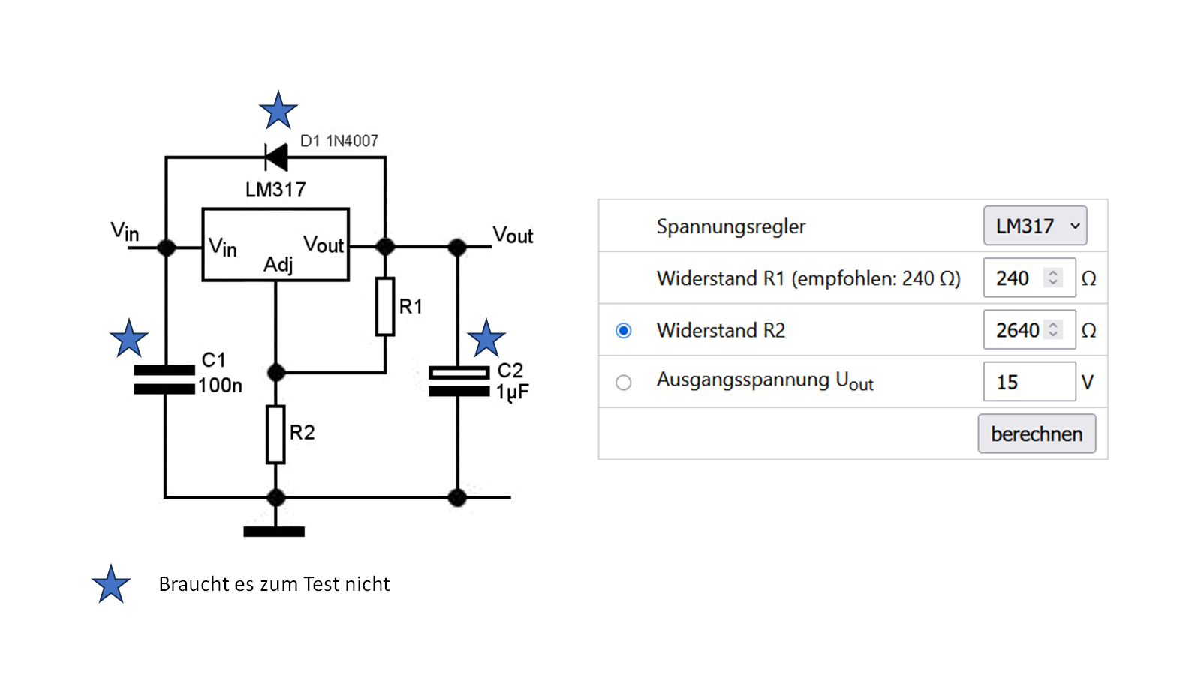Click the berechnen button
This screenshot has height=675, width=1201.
(x=1037, y=433)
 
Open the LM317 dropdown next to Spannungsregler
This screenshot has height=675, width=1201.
(x=1035, y=226)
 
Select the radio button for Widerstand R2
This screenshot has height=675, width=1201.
(x=623, y=331)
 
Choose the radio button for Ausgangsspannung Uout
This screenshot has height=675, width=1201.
(x=623, y=382)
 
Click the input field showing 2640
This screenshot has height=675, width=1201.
(x=1018, y=330)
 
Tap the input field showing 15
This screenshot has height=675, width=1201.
(x=1028, y=382)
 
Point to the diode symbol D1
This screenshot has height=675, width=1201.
(x=276, y=157)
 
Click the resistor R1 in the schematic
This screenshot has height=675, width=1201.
(x=385, y=306)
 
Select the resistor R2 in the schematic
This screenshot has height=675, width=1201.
(x=275, y=434)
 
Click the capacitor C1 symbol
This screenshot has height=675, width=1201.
(x=164, y=379)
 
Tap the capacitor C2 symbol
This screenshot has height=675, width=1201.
(x=458, y=381)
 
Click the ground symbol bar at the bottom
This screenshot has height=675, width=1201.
(x=274, y=532)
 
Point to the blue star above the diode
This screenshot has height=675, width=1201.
(x=278, y=111)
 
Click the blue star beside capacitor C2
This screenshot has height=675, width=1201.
(x=486, y=338)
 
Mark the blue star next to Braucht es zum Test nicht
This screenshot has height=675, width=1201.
(x=111, y=585)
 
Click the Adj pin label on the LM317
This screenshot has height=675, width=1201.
(x=278, y=265)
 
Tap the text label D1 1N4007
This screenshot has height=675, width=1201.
(x=339, y=141)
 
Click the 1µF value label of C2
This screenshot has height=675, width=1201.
(x=513, y=391)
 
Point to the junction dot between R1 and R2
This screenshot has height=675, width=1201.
(x=276, y=372)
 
